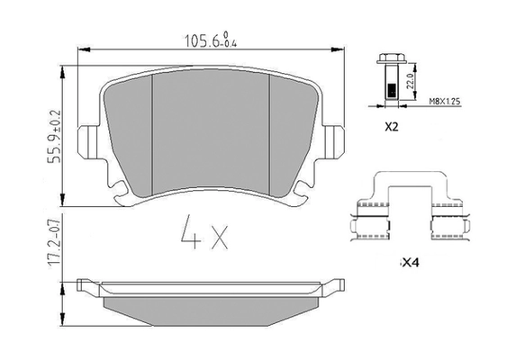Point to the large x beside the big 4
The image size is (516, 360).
click(218, 238)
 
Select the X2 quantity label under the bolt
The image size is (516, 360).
click(392, 127)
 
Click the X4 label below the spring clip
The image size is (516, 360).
click(410, 263)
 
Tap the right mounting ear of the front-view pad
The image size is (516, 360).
click(335, 141)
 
